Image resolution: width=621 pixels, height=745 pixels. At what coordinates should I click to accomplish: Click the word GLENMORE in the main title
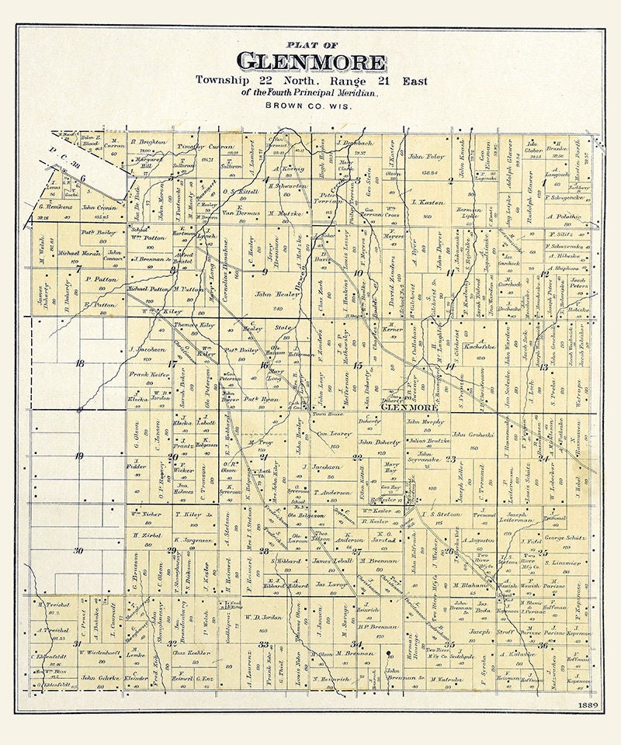(x=310, y=61)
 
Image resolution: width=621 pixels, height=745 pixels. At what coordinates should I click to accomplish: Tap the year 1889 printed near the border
(x=588, y=704)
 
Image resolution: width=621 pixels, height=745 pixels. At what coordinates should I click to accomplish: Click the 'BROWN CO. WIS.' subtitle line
(x=310, y=104)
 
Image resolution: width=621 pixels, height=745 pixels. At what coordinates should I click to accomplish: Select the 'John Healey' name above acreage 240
(x=272, y=294)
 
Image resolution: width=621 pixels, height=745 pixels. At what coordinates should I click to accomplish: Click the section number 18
(x=78, y=362)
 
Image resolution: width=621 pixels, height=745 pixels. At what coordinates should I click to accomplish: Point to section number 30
(x=78, y=550)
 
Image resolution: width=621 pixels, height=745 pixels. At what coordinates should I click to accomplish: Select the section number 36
(x=564, y=645)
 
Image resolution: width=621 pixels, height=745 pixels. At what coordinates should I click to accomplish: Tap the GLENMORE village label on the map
(x=409, y=407)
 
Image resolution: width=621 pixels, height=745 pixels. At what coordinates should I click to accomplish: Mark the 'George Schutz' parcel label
(x=564, y=537)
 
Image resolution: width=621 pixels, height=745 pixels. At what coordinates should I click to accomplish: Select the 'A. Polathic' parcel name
(x=564, y=217)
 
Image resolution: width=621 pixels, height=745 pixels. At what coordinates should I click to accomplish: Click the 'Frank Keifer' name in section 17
(x=149, y=374)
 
